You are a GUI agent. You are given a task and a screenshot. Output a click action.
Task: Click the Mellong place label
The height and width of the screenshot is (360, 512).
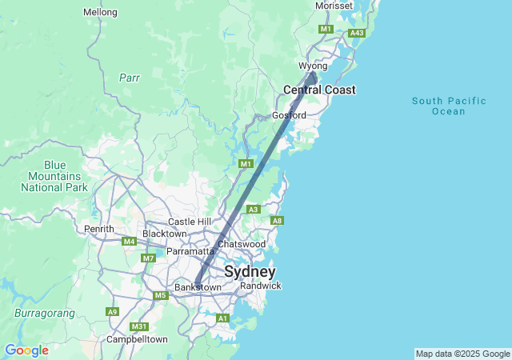coord(100,12)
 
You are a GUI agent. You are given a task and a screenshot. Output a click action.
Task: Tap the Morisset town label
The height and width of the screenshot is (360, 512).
coord(334,6)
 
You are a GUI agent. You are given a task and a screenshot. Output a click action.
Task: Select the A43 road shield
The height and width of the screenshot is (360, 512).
coord(357,33)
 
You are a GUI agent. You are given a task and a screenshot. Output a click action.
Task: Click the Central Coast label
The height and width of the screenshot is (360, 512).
coord(319,90)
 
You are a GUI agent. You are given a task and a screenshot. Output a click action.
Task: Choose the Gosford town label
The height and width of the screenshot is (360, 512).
coord(289,115)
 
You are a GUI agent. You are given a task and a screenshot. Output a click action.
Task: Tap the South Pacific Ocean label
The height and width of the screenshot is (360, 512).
coord(449,106)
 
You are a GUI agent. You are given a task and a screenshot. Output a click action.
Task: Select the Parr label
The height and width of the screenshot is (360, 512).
coord(130,78)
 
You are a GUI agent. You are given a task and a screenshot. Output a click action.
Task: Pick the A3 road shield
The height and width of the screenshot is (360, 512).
coord(253,210)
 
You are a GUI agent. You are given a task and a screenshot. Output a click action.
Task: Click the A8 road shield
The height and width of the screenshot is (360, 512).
coord(278,221)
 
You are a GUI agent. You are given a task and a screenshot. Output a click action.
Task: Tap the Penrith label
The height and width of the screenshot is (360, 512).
coord(99,229)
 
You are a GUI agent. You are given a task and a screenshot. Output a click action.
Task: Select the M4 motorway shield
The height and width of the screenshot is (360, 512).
coord(130,241)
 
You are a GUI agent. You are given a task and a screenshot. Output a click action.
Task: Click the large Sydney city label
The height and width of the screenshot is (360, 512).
coord(250,271)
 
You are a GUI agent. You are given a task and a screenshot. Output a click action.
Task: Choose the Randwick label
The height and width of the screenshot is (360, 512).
coord(260,286)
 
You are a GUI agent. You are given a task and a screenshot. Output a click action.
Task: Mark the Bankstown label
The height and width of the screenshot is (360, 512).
coord(198,287)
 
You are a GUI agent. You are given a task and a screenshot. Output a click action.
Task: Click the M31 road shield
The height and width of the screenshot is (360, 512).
coord(139,326)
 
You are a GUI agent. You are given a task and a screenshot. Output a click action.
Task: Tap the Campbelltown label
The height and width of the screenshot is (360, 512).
coord(138,339)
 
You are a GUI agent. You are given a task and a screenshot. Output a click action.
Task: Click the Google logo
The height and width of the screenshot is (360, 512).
coord(26,350)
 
